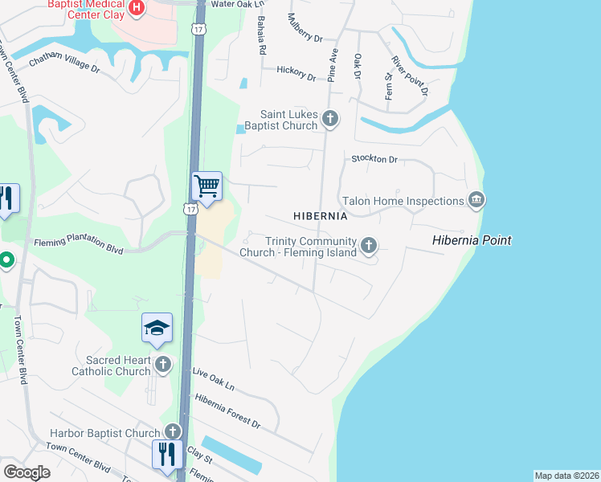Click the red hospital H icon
pyautogui.click(x=137, y=8)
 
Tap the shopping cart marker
pyautogui.click(x=206, y=187)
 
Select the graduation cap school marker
pyautogui.click(x=157, y=328)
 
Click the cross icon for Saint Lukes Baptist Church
pyautogui.click(x=329, y=120)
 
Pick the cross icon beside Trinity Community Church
pyautogui.click(x=369, y=245)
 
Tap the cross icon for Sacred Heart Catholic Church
pyautogui.click(x=163, y=366)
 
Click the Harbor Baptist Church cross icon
pyautogui.click(x=173, y=432)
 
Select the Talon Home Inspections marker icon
pyautogui.click(x=476, y=200)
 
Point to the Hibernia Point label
pyautogui.click(x=471, y=240)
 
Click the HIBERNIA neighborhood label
pyautogui.click(x=320, y=216)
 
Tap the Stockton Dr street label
pyautogui.click(x=374, y=159)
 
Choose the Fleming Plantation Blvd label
pyautogui.click(x=78, y=246)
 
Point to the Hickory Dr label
pyautogui.click(x=296, y=73)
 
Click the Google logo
pyautogui.click(x=27, y=472)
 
